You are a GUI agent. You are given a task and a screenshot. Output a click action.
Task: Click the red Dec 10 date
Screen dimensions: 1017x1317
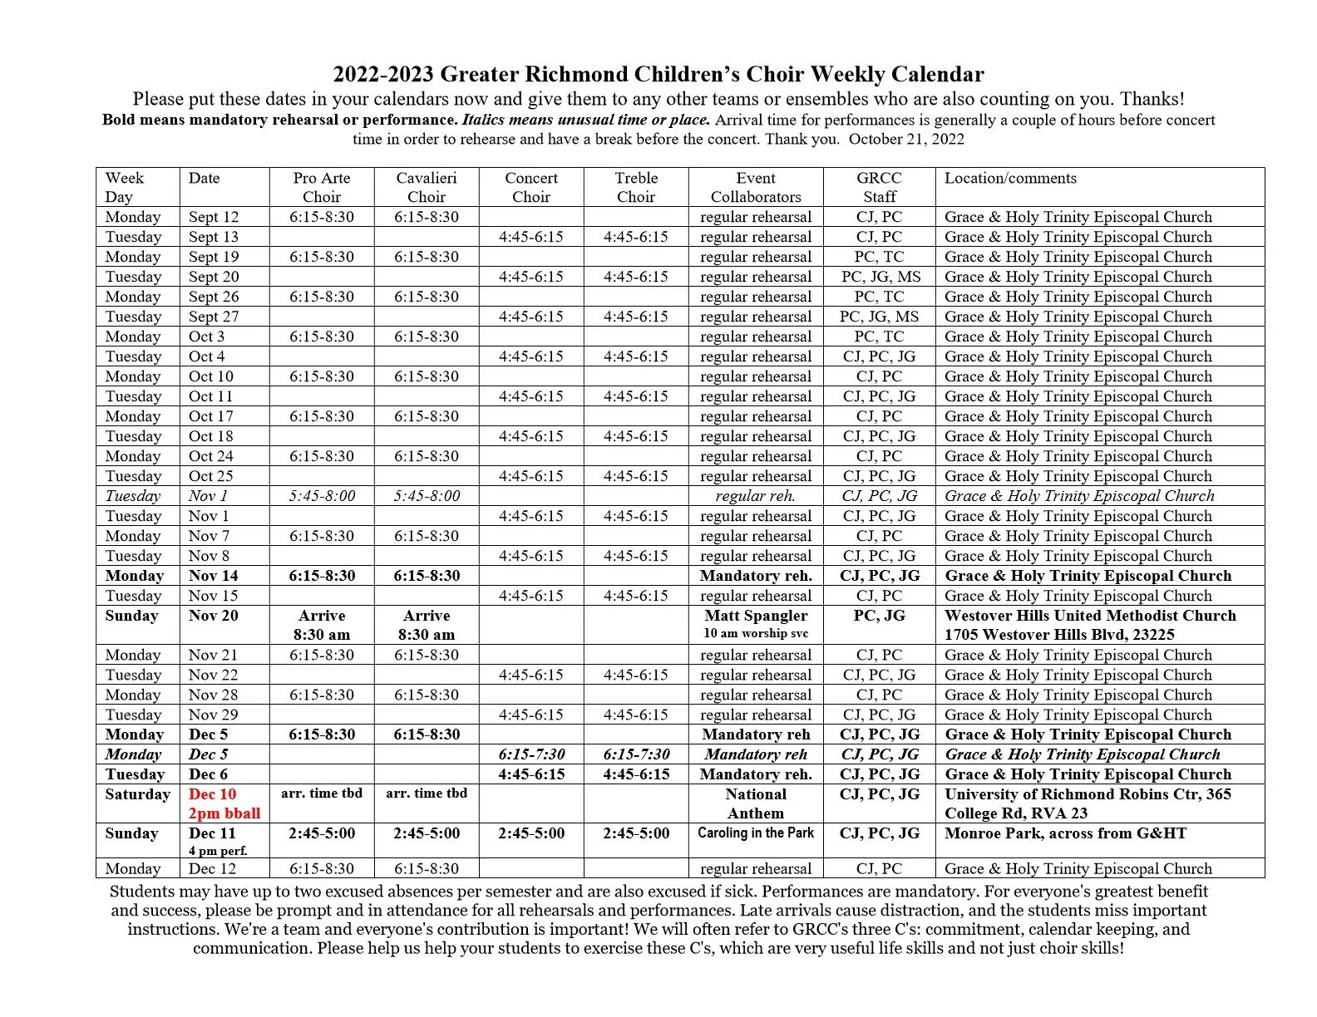click(212, 794)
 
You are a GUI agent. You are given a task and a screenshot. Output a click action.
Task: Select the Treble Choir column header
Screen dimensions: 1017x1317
click(636, 187)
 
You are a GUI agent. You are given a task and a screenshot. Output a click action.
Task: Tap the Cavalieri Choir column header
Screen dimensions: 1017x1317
click(426, 187)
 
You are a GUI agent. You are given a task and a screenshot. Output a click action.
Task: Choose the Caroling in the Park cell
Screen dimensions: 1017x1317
click(756, 833)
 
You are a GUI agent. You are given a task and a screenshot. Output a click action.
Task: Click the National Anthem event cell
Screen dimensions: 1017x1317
click(756, 803)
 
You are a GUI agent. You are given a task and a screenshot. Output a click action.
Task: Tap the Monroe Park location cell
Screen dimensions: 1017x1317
click(1065, 833)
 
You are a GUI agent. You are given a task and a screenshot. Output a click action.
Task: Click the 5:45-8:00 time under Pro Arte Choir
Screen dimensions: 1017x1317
click(322, 496)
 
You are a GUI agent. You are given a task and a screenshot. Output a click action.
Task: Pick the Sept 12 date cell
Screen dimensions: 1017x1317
click(214, 217)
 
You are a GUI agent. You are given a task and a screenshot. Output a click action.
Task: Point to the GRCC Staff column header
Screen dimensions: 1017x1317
click(879, 187)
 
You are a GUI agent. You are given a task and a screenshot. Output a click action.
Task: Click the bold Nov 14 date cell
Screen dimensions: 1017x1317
click(214, 576)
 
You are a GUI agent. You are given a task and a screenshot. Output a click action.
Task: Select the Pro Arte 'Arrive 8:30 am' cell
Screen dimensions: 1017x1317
click(322, 625)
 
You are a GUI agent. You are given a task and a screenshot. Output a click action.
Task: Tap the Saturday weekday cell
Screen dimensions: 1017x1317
click(137, 794)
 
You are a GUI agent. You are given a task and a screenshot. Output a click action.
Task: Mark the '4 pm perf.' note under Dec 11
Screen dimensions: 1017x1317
click(218, 851)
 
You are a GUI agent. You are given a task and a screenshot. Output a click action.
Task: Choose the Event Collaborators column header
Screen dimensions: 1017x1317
click(756, 187)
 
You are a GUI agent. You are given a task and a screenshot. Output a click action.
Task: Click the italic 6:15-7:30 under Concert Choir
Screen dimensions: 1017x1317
click(531, 754)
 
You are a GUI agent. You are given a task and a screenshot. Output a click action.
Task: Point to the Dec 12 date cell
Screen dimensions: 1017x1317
click(212, 869)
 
